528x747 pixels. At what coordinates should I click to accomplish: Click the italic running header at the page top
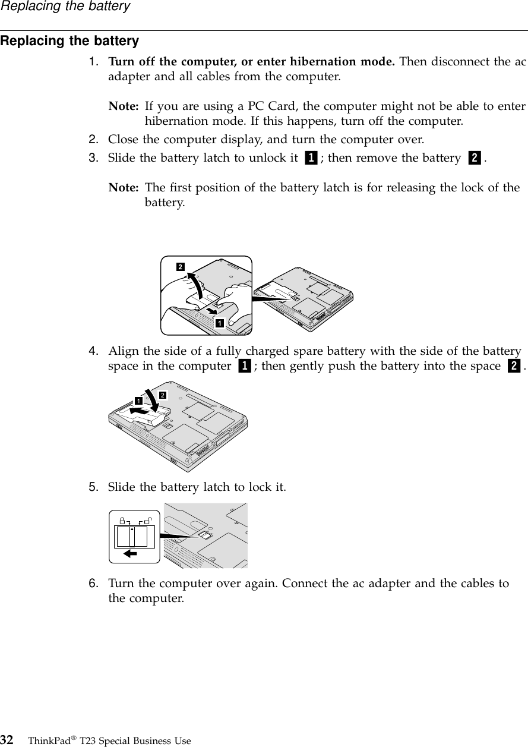pos(65,7)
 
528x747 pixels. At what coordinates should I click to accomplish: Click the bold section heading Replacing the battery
pos(69,42)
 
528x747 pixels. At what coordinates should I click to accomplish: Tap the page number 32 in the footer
pos(8,740)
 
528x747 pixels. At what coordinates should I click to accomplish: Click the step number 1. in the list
pos(94,62)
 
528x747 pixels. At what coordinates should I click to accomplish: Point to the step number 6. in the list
pos(94,584)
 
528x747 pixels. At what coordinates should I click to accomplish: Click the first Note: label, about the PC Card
pos(124,107)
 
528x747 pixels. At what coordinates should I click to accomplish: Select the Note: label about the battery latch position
pos(124,188)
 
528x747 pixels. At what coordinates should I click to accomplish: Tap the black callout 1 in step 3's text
pos(310,159)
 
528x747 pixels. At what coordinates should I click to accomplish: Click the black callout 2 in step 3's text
pos(475,159)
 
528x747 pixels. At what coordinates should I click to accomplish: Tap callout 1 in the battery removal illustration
pos(220,323)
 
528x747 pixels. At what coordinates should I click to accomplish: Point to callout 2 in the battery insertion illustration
pos(162,395)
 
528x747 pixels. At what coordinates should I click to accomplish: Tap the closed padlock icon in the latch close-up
pos(122,520)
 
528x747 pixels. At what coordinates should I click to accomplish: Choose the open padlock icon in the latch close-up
pos(147,520)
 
